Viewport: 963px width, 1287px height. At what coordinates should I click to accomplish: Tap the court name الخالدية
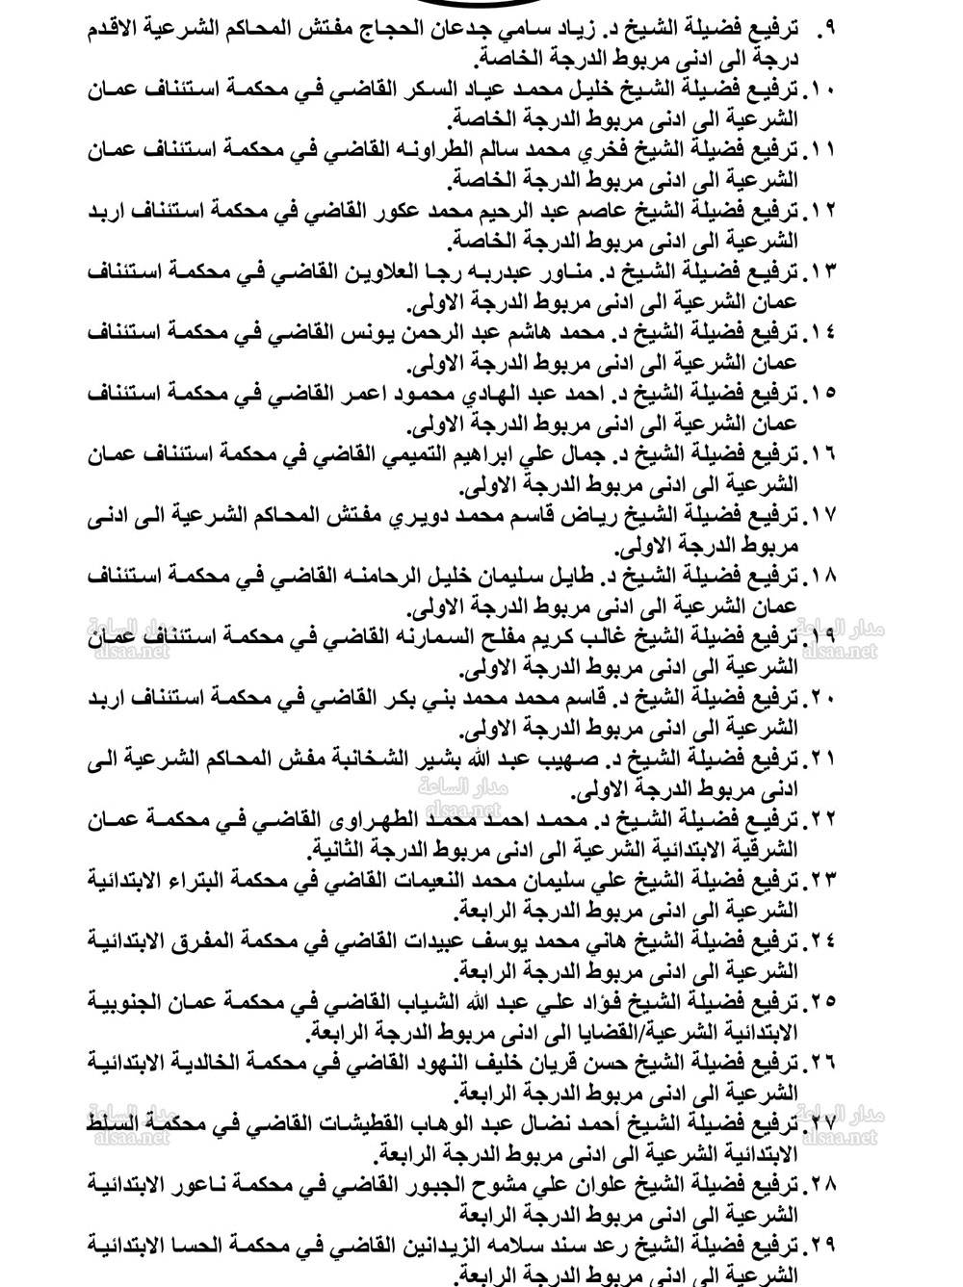tap(219, 1061)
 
